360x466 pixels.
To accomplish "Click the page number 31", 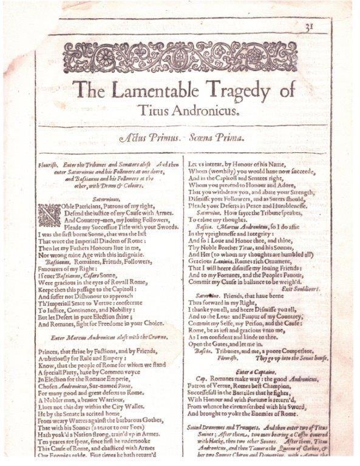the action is (325, 25).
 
